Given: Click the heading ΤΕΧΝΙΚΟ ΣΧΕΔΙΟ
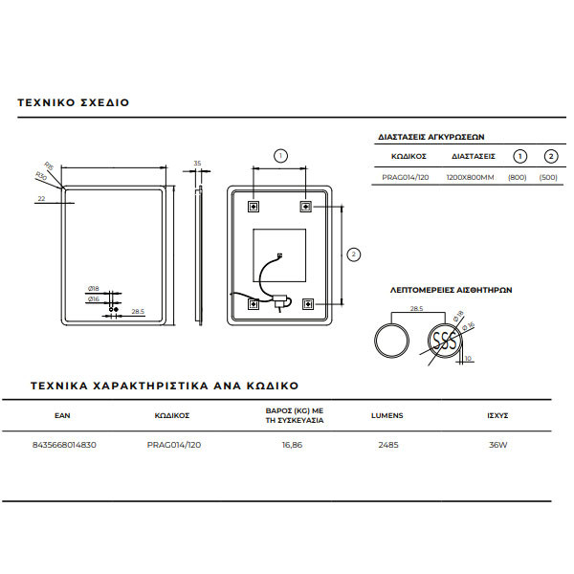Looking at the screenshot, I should coord(73,101).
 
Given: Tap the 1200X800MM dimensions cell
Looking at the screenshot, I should coord(471,177).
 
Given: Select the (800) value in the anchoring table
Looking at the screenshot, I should coord(518,177).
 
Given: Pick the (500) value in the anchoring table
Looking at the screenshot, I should coord(549,177).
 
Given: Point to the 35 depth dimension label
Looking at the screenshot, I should coord(197,164).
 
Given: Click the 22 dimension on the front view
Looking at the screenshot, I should coord(42,199).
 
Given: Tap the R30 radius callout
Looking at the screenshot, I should coord(41,176).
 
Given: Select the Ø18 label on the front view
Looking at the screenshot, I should coord(94,288).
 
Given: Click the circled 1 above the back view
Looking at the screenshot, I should coord(280,155).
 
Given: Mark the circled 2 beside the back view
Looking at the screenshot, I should coord(353,254).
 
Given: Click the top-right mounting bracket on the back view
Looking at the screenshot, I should coord(306,206).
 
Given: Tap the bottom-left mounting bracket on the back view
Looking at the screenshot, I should coord(254,304).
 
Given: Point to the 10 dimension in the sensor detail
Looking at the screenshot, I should coord(468,358).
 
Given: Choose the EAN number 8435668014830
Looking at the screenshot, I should coord(64,444).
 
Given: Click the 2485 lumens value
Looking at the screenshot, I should coord(387,444).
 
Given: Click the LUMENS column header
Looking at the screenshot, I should coord(387,416).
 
